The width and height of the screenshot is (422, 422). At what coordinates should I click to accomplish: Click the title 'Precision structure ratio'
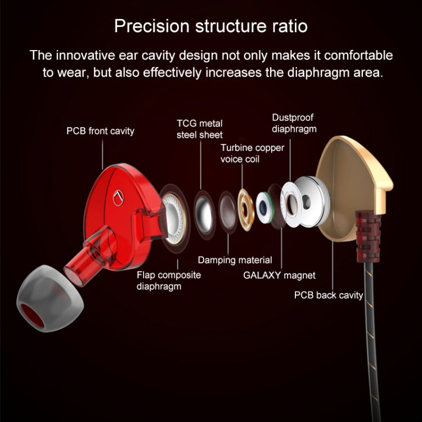211,26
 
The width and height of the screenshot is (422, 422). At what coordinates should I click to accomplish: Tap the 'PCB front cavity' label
100,131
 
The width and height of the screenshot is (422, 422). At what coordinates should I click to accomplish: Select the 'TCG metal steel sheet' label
199,129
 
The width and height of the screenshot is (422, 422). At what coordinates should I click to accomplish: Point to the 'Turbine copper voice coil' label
252,153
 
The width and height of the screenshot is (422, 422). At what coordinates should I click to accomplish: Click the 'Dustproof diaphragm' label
294,123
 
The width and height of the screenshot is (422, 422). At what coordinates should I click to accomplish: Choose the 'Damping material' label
235,260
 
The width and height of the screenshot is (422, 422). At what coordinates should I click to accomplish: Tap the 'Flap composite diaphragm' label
168,280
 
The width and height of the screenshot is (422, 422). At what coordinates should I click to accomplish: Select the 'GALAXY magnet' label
279,276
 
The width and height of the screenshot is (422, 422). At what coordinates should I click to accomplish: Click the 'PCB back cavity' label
329,295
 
